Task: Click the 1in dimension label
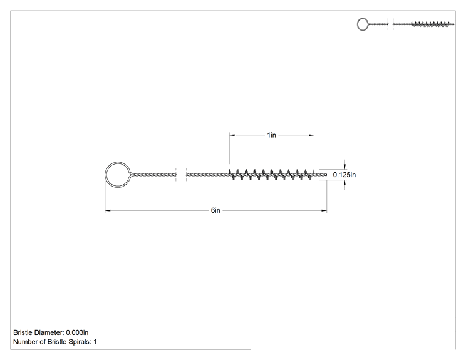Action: [x=271, y=135]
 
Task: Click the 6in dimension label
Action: [x=215, y=210]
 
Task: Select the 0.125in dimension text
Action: [x=344, y=175]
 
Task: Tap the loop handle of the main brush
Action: [x=105, y=175]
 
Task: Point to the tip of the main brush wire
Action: [x=326, y=175]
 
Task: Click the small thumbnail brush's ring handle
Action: [x=357, y=24]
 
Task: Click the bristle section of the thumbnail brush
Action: [x=430, y=24]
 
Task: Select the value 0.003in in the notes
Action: [x=77, y=332]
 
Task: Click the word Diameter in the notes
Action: [x=49, y=332]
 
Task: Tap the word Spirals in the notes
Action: [x=80, y=342]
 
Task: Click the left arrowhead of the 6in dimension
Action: [x=108, y=210]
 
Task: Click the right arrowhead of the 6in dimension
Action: [x=324, y=210]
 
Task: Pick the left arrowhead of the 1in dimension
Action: [x=232, y=135]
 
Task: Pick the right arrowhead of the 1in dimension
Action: [x=311, y=135]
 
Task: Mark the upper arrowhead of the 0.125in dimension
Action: [x=344, y=165]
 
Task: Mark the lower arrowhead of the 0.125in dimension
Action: [x=344, y=184]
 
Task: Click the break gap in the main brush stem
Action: [x=181, y=175]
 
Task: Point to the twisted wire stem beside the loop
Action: [x=154, y=175]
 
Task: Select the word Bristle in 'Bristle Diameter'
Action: [x=23, y=332]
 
